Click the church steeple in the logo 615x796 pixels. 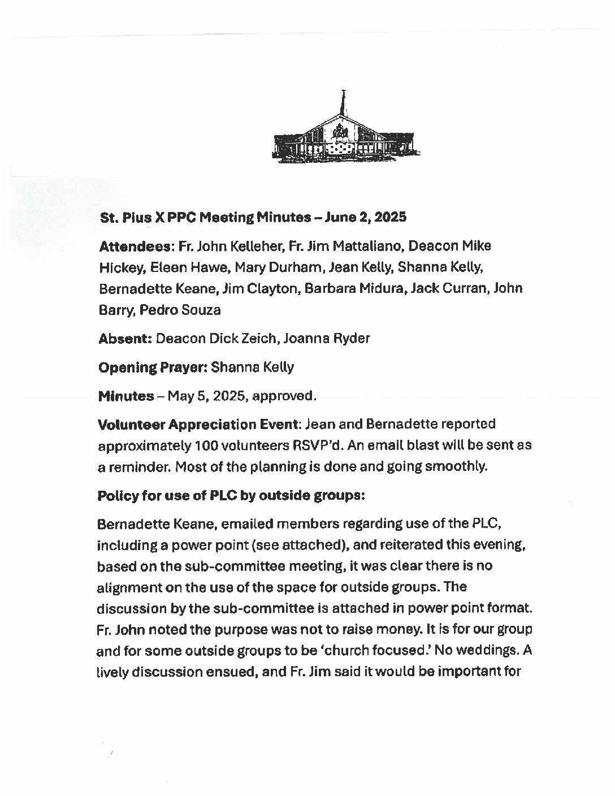[342, 105]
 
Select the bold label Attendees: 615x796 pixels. [137, 246]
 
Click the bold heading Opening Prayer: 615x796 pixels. [152, 367]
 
